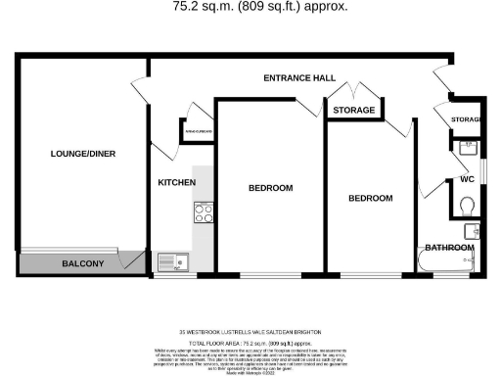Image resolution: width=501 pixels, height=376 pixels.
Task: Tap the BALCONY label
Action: coord(83,264)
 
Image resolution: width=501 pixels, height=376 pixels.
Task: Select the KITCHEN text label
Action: coord(177,183)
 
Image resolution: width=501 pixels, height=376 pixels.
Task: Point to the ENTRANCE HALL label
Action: coord(300,77)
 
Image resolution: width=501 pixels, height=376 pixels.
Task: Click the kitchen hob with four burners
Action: coord(205,211)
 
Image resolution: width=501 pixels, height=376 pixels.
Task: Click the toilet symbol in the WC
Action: coord(467,205)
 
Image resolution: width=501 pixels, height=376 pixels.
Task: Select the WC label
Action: coord(453,179)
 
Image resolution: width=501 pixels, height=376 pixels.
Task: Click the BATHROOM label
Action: coord(449,248)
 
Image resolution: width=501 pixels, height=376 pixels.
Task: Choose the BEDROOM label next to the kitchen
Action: coord(270,188)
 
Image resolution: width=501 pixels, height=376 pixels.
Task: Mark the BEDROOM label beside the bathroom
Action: coord(371,198)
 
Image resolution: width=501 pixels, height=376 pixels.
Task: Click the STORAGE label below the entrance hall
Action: coord(353,111)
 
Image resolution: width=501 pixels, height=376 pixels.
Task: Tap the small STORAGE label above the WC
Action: coord(467,120)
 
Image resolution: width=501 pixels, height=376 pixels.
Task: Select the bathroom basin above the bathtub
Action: coord(471,231)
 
